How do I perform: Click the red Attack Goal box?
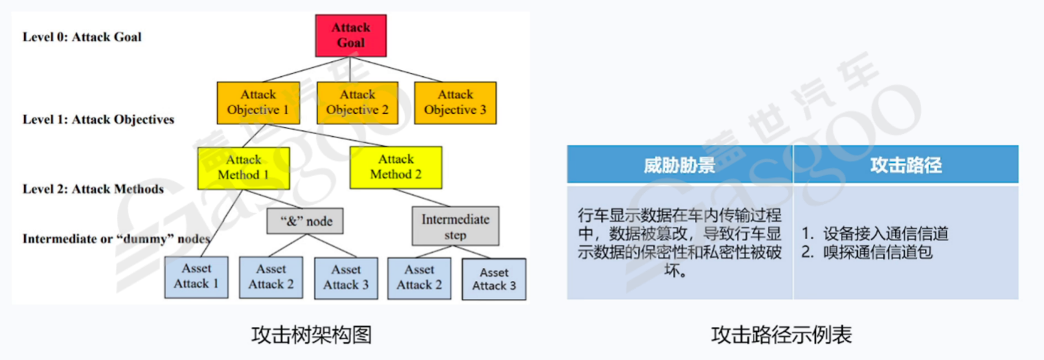pos(351,35)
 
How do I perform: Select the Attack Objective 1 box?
pos(258,102)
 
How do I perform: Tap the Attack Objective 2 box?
pos(357,102)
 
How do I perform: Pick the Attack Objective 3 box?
pos(455,102)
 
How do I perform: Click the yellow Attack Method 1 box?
pos(243,167)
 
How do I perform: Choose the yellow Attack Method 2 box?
pos(396,167)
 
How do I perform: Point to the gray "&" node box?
pos(304,221)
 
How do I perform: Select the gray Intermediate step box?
pos(455,227)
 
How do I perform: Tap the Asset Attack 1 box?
pos(196,277)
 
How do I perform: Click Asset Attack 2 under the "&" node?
pos(271,278)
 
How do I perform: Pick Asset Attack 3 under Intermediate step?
pos(494,279)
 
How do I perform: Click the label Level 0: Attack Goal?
pos(82,37)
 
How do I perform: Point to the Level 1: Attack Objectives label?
pos(98,120)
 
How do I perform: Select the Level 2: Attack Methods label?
pos(93,189)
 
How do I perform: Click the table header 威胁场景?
pos(679,165)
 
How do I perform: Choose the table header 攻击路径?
pos(905,165)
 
